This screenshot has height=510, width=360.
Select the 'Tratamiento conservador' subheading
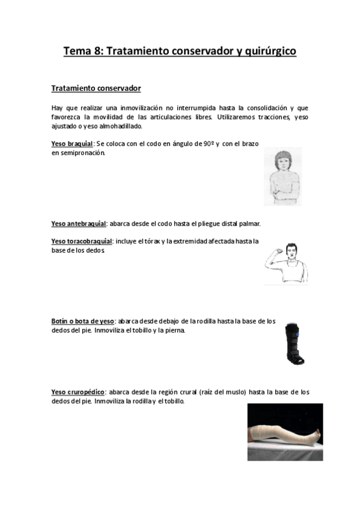point(96,88)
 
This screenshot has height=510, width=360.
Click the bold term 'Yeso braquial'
point(72,144)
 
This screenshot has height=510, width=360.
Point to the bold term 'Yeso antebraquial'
point(79,224)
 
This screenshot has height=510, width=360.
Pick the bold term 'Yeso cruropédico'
point(78,392)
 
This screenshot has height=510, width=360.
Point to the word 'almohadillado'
point(122,126)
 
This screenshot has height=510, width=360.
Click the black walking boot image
point(294,342)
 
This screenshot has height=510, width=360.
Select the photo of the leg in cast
point(285,431)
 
